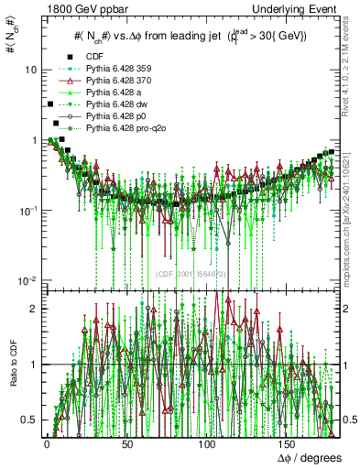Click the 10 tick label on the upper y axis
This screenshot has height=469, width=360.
click(30, 71)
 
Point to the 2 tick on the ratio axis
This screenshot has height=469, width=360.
click(33, 309)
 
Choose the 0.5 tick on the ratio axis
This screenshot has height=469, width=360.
click(29, 420)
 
